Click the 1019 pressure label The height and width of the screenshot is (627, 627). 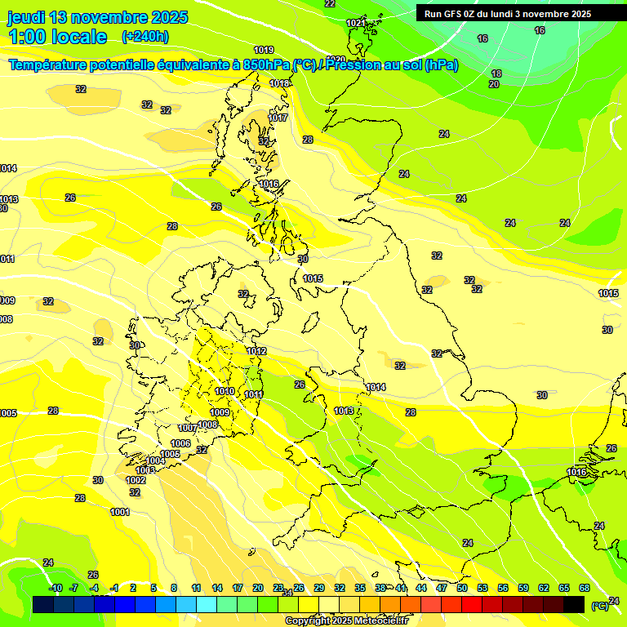coord(264,50)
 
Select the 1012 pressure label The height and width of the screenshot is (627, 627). coord(256,351)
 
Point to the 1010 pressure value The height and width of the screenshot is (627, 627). coord(225,392)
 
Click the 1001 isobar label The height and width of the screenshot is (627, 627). coord(120,512)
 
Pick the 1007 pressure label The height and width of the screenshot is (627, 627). coord(188,428)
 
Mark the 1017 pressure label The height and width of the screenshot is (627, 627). coord(278,118)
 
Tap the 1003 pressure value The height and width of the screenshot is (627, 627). coord(145,470)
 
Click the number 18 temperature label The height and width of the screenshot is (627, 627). coord(496,73)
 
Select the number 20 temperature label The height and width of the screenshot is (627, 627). coord(494,84)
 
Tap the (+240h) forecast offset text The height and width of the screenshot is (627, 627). coord(145,36)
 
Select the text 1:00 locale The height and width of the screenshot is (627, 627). coord(58,37)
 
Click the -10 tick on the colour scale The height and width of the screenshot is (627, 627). coord(56,588)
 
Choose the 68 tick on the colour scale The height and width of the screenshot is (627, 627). coord(585,588)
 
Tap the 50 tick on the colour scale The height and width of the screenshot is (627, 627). coord(462,588)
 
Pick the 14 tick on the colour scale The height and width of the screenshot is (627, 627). coord(217,588)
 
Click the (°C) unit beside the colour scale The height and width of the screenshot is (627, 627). coord(599,606)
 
